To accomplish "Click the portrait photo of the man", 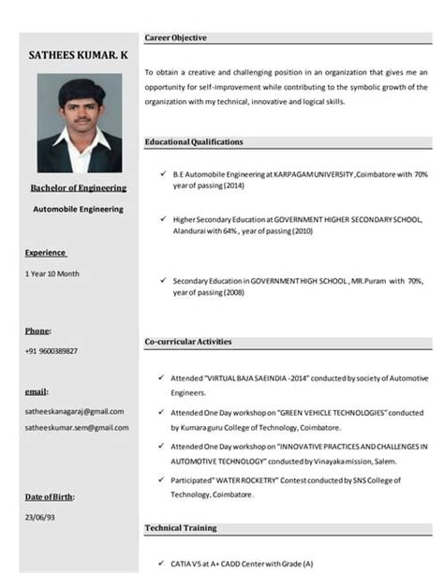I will (79, 122).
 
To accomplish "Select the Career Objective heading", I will (176, 37).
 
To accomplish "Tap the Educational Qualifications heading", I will (194, 141).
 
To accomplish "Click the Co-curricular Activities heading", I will (188, 342).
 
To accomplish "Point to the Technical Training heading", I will (180, 528).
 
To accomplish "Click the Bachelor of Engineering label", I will (79, 187).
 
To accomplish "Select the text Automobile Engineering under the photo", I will (79, 209).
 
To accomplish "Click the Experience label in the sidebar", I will (45, 252).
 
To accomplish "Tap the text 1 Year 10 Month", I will (52, 273).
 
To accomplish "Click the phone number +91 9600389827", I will (51, 351).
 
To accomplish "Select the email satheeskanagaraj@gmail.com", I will (74, 410).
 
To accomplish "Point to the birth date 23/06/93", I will (40, 517).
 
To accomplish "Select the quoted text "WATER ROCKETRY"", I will (245, 480).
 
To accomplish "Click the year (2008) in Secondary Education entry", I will (232, 292).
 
